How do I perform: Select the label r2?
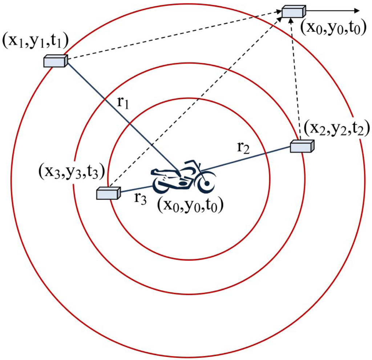tap(243, 148)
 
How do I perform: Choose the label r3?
tap(139, 199)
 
